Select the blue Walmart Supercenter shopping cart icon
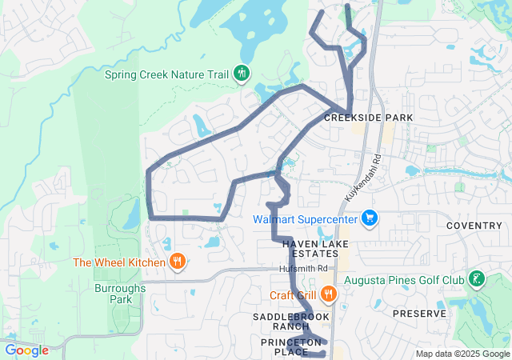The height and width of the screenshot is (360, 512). click(369, 218)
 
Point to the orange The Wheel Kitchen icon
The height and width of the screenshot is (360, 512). click(178, 262)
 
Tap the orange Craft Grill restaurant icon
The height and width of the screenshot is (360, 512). click(328, 294)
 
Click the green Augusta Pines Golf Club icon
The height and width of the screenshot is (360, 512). click(477, 279)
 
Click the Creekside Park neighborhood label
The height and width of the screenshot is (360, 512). click(368, 118)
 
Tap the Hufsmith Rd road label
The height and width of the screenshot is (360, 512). click(304, 269)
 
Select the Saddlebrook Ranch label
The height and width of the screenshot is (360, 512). click(291, 320)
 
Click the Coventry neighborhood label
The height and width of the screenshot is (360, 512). click(474, 226)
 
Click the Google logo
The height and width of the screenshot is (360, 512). click(27, 350)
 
